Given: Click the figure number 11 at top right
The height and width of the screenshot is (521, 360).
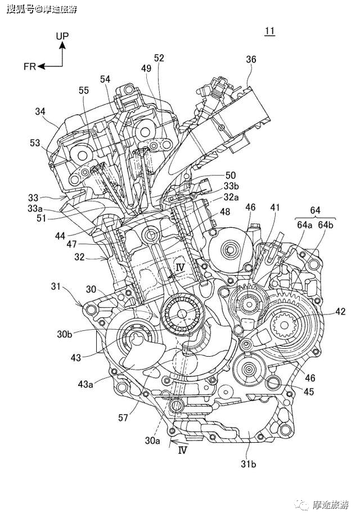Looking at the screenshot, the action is click(x=269, y=32).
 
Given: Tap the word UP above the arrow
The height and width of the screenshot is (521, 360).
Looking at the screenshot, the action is click(x=62, y=36).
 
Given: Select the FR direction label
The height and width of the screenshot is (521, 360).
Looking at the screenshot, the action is click(x=30, y=66).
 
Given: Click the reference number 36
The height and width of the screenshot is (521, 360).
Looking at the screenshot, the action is click(x=251, y=59).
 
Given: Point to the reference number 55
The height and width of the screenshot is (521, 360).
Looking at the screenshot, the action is click(x=84, y=90).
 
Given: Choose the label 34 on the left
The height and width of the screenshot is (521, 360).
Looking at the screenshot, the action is click(x=40, y=111).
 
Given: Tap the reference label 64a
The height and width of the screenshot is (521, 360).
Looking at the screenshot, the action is click(x=304, y=224).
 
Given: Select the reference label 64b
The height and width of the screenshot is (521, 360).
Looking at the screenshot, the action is click(x=326, y=224).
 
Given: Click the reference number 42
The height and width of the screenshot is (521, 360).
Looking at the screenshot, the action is click(x=340, y=311).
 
